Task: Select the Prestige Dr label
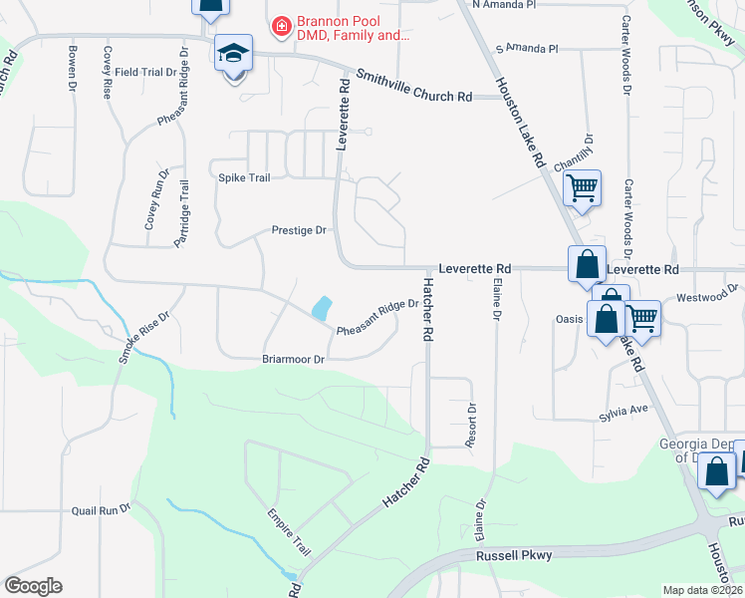[299, 230]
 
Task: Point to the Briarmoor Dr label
[293, 359]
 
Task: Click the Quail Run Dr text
[102, 509]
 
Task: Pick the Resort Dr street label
[472, 424]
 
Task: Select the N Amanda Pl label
[504, 5]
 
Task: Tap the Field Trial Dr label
[144, 72]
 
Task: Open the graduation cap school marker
[234, 54]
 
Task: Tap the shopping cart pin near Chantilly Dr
[582, 186]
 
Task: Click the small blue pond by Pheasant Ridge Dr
[322, 308]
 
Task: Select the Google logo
[33, 586]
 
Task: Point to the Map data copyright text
[702, 590]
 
